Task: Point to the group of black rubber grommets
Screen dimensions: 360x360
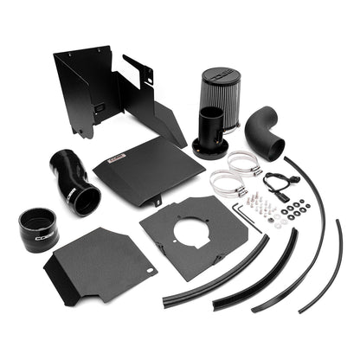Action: pyautogui.click(x=297, y=209)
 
